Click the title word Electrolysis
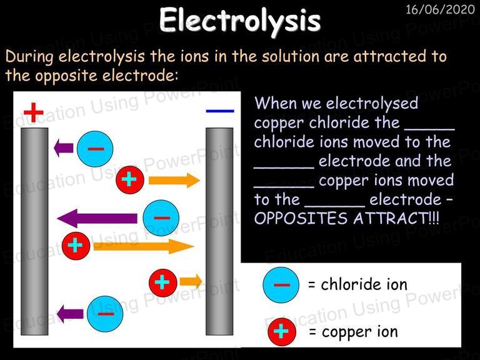(x=240, y=21)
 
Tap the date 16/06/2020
(x=440, y=9)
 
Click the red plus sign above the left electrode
(x=33, y=112)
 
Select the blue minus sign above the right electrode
(x=220, y=111)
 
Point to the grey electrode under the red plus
(x=34, y=231)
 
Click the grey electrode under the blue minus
(x=219, y=231)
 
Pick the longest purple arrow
(x=97, y=218)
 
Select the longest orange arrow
(x=144, y=246)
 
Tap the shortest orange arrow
(x=191, y=281)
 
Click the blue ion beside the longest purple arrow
(x=161, y=218)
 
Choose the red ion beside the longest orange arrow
(x=76, y=246)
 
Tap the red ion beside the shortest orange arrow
(x=163, y=283)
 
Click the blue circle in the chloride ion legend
(x=281, y=285)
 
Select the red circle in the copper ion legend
(x=282, y=332)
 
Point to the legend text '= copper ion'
(x=353, y=332)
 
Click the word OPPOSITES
(x=301, y=218)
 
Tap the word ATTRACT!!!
(x=396, y=218)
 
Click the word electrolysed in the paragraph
(x=372, y=103)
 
